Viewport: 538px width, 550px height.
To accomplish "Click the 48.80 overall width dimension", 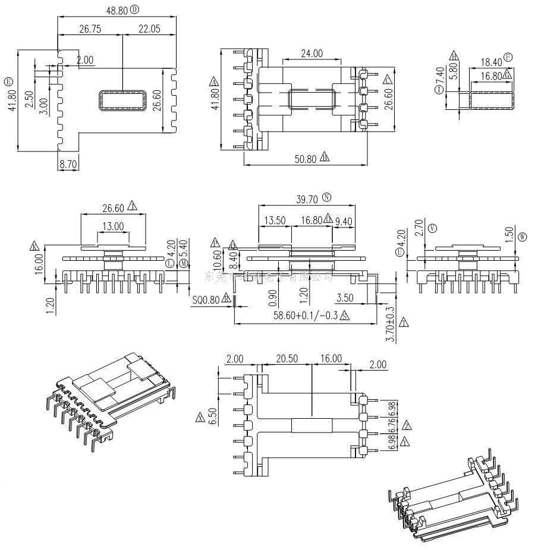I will (x=117, y=10).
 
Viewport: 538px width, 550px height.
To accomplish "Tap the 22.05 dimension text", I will (x=149, y=29).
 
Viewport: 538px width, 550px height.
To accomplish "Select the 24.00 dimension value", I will (x=312, y=53).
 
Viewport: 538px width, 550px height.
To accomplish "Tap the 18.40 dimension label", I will (x=491, y=62).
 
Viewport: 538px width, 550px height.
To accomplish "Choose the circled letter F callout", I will (x=508, y=58).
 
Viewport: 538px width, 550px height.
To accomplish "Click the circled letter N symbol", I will (x=327, y=197).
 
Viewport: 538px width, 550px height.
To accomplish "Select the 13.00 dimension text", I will (x=113, y=226).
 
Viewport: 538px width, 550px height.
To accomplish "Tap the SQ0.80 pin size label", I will (x=206, y=301).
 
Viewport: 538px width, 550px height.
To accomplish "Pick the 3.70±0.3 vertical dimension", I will (x=391, y=324).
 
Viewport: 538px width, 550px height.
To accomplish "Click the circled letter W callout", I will (x=523, y=236).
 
